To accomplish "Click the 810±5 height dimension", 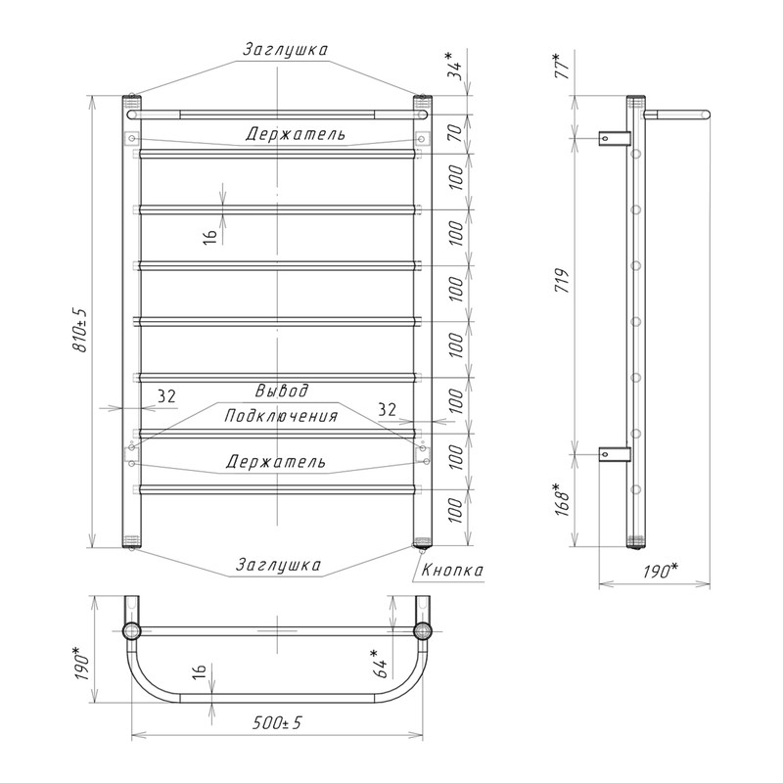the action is [80, 329].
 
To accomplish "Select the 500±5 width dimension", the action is [278, 722].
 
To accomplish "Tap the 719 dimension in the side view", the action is [563, 281].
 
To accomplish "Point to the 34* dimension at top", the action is [455, 66].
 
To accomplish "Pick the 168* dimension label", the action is [563, 499].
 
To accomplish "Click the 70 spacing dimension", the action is [455, 133].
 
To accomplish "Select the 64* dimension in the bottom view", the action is [381, 664].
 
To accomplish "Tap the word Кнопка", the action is [452, 570].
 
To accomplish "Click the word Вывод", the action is [282, 390].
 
